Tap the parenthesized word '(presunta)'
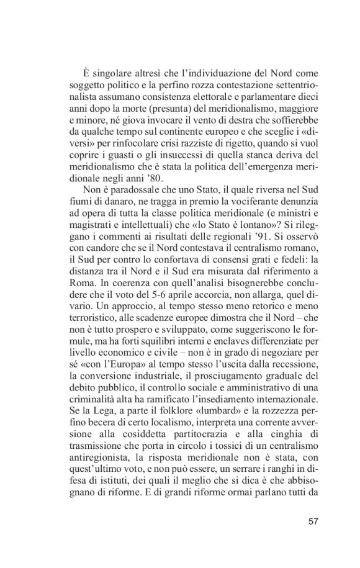coord(164,114)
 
